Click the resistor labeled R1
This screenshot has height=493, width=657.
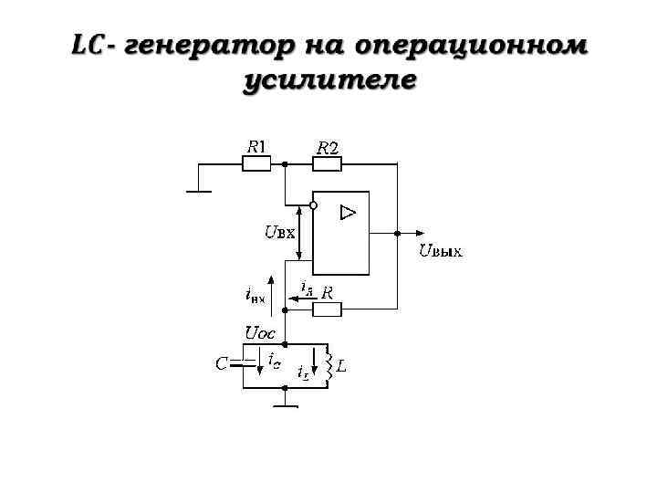pyautogui.click(x=256, y=164)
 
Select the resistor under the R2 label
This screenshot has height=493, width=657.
pyautogui.click(x=327, y=164)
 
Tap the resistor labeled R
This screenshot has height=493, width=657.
pyautogui.click(x=327, y=309)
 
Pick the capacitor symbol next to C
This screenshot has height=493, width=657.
pyautogui.click(x=244, y=364)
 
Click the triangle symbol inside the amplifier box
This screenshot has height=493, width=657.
pyautogui.click(x=348, y=213)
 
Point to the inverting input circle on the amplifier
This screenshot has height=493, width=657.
pyautogui.click(x=313, y=205)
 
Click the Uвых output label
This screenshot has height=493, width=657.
pyautogui.click(x=440, y=251)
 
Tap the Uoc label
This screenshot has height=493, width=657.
pyautogui.click(x=260, y=332)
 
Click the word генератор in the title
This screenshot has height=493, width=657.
pyautogui.click(x=209, y=45)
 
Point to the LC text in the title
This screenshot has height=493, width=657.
pyautogui.click(x=89, y=45)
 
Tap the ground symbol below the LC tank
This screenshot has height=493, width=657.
pyautogui.click(x=286, y=404)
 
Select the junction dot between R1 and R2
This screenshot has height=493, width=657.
pyautogui.click(x=286, y=164)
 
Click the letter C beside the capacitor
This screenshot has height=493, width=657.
pyautogui.click(x=221, y=364)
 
